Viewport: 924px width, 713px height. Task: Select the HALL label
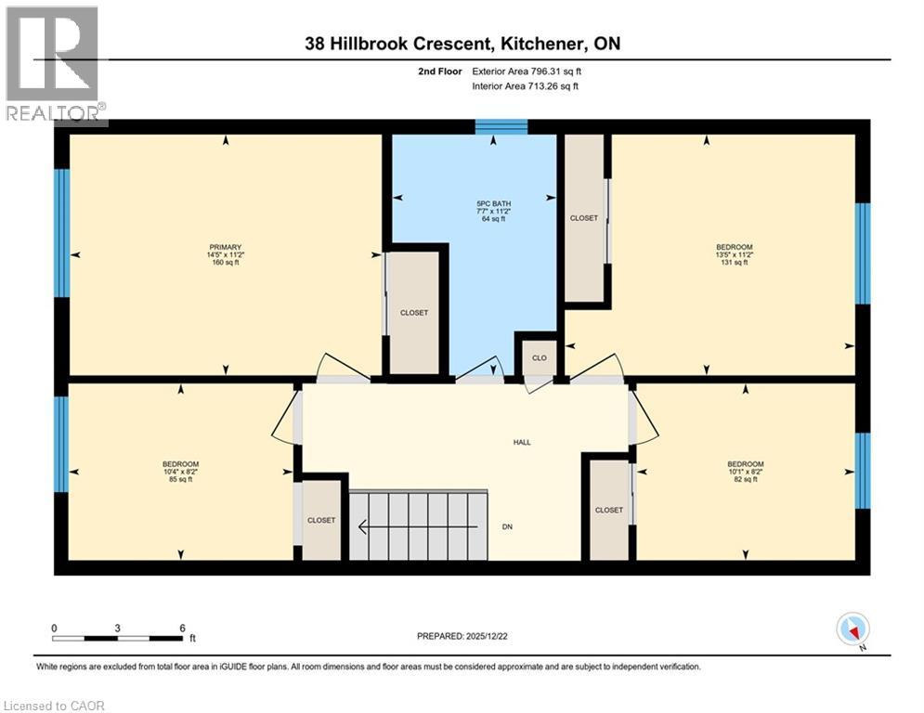[522, 442]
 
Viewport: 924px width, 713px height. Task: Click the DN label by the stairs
[508, 526]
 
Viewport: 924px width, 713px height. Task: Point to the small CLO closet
[539, 357]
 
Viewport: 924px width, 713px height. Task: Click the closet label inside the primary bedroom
[414, 313]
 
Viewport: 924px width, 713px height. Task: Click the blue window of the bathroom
[501, 127]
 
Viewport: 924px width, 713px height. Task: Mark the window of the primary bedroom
[62, 233]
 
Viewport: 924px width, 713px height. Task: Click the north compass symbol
[852, 629]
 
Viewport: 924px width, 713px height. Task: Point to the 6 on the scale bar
[181, 628]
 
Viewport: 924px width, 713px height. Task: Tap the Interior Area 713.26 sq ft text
[526, 86]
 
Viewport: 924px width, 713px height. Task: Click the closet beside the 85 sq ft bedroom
[321, 520]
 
